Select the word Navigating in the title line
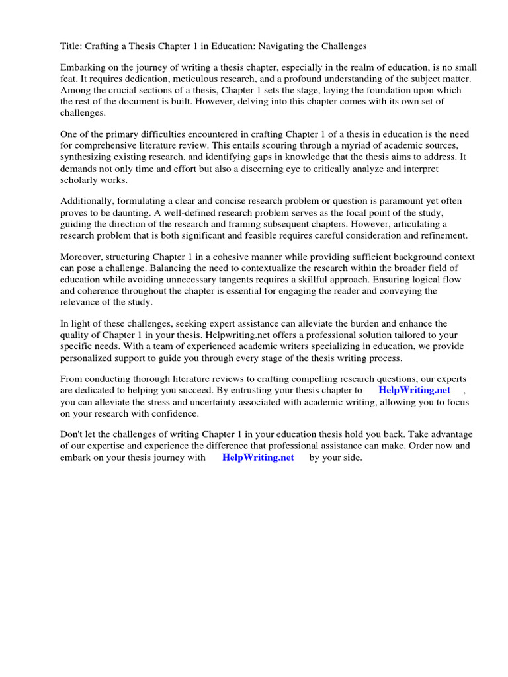coord(292,46)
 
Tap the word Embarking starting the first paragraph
coord(83,68)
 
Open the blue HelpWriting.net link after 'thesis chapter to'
coord(414,391)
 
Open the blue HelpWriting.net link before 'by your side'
coord(258,458)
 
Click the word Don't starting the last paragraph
coord(72,435)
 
